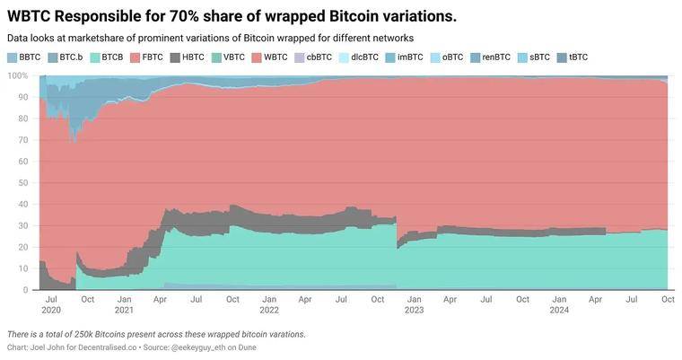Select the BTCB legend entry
106,57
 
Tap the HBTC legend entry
186,57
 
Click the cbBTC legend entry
312,57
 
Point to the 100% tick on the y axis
17,75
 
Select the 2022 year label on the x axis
268,310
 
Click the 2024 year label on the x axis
558,310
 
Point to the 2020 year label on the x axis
51,310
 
